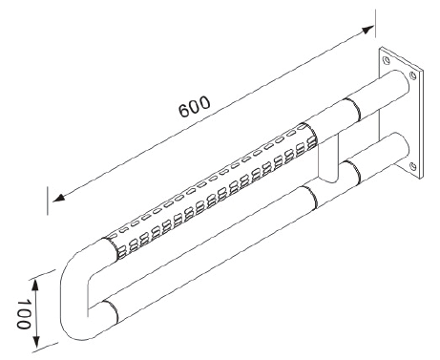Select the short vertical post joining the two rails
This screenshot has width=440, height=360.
coord(327,158)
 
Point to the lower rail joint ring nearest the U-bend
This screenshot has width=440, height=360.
coord(111,311)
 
